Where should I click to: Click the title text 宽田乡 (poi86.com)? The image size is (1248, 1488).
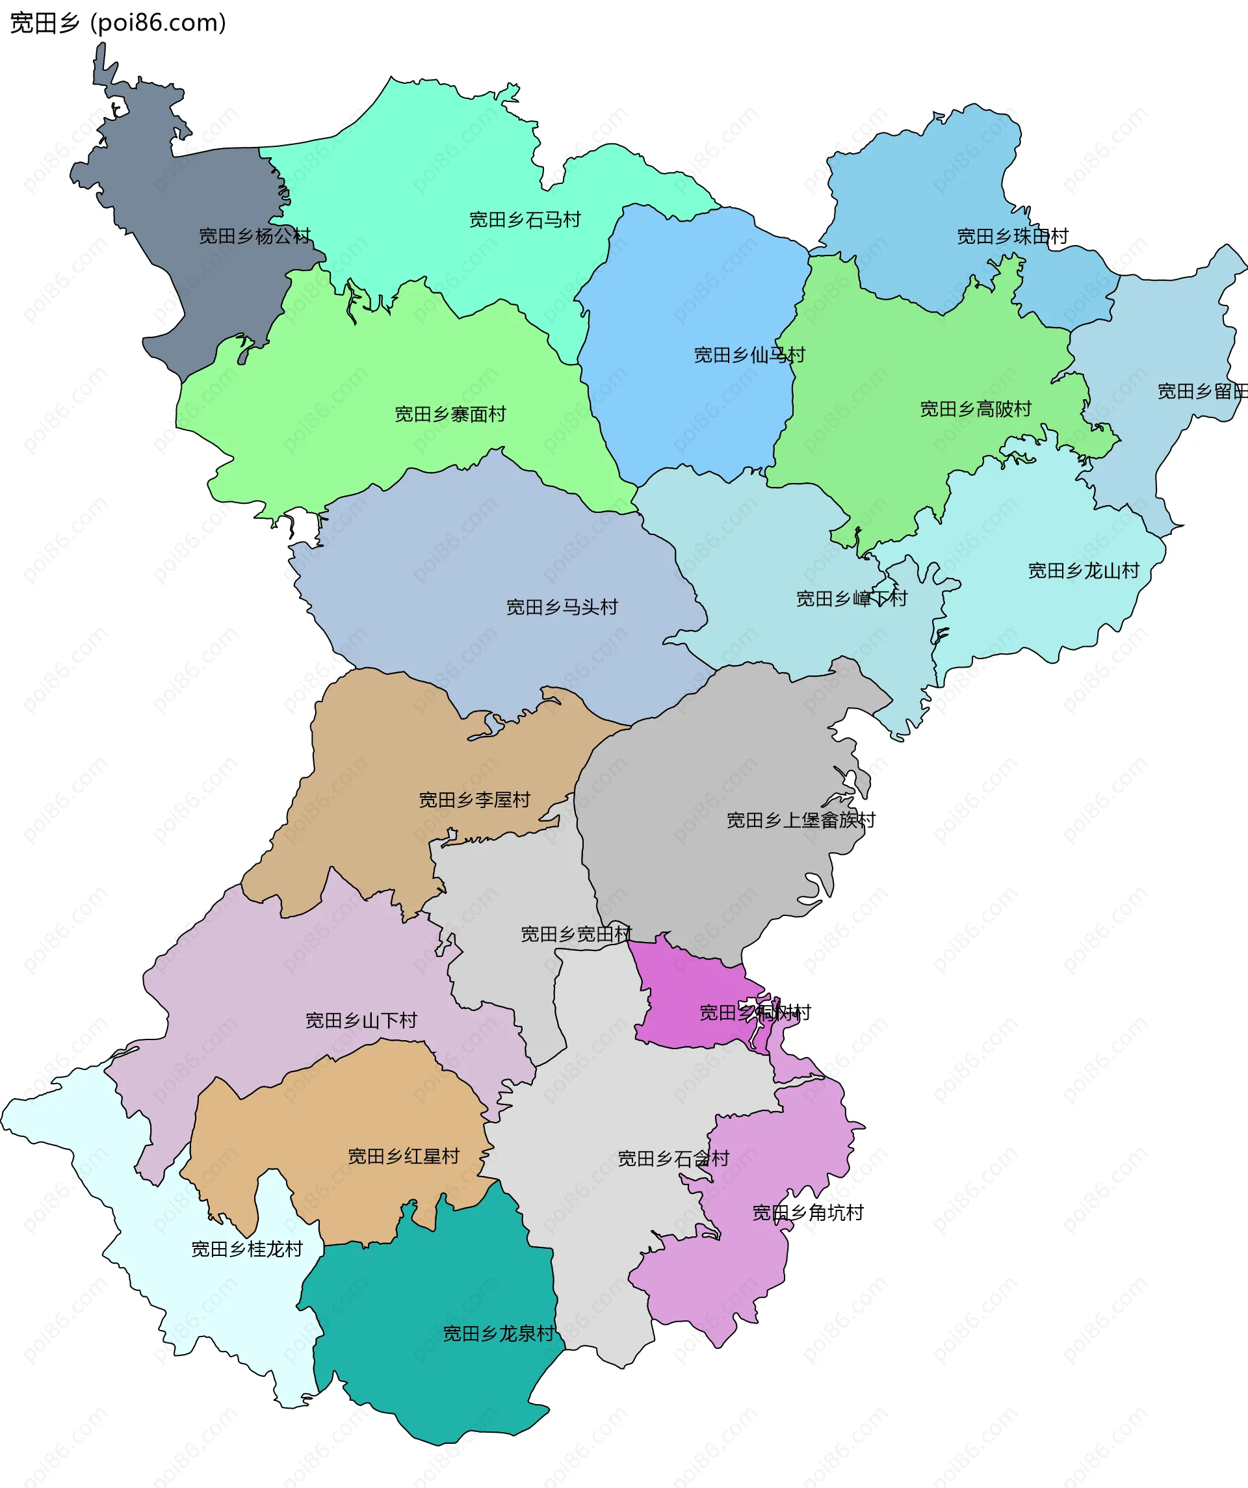[x=118, y=23]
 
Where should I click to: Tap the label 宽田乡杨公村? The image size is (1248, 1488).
[x=254, y=236]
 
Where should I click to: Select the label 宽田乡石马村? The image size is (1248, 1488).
[x=525, y=220]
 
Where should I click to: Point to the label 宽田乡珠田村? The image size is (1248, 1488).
[x=1012, y=236]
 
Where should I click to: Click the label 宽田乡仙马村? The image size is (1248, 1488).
[x=749, y=354]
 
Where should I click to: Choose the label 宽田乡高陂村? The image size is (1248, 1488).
[x=975, y=409]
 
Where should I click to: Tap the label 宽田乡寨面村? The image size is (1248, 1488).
[x=450, y=414]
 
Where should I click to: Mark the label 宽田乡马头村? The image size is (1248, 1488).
[x=562, y=607]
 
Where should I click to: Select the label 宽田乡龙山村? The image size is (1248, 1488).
[x=1084, y=570]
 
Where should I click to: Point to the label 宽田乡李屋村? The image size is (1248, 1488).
[x=474, y=800]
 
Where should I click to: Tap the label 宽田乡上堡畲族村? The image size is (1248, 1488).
[x=801, y=820]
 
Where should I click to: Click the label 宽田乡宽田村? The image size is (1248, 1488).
[x=575, y=934]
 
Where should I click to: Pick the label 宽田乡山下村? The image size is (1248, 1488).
[x=361, y=1021]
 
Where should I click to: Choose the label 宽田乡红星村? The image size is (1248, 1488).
[x=403, y=1156]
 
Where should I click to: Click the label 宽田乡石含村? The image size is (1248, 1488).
[x=673, y=1158]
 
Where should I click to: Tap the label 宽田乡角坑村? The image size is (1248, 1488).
[x=807, y=1212]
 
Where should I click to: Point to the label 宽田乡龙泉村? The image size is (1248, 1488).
[x=498, y=1333]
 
